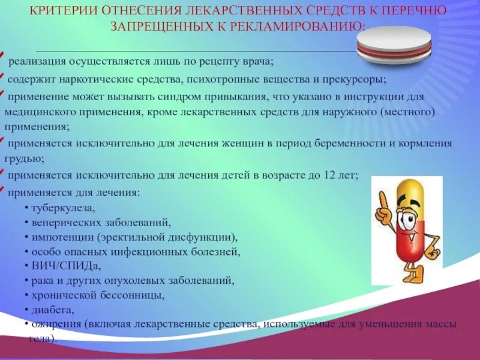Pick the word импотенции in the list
[61, 236]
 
